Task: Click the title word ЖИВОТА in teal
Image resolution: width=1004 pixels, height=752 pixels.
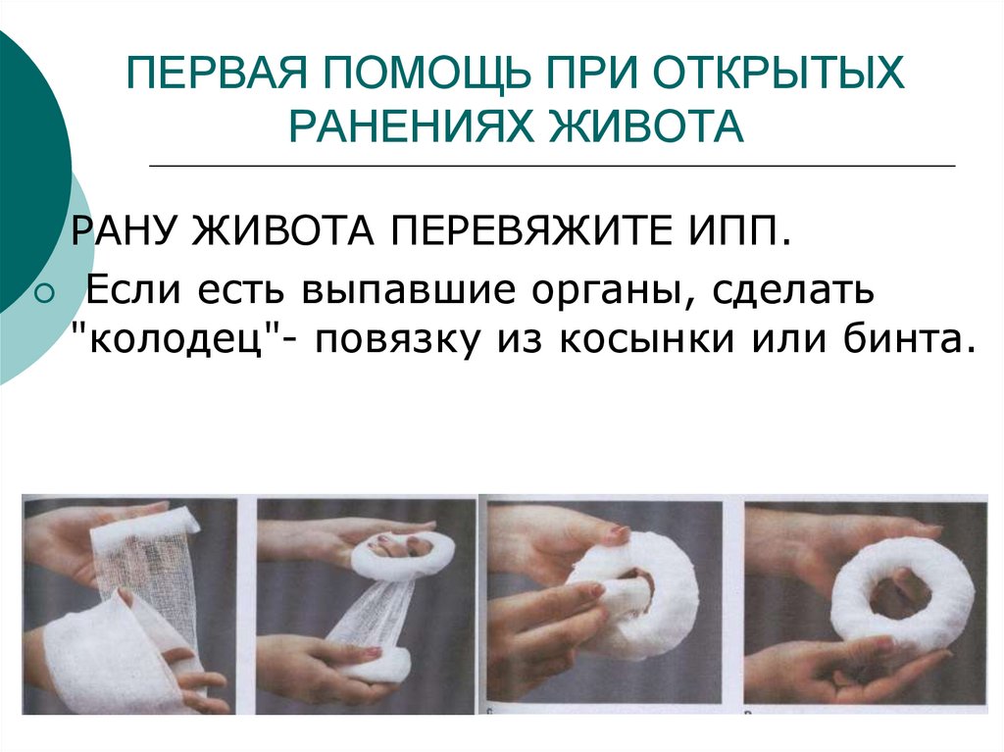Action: (x=646, y=125)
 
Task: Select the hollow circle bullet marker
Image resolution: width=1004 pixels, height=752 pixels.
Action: (x=46, y=293)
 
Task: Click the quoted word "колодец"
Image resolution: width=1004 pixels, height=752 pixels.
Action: (x=177, y=339)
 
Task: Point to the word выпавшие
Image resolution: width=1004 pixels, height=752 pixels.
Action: (x=409, y=291)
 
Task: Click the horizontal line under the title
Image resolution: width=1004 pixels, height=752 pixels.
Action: (x=552, y=166)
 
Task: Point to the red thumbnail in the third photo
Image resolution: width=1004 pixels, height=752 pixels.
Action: (x=618, y=531)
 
